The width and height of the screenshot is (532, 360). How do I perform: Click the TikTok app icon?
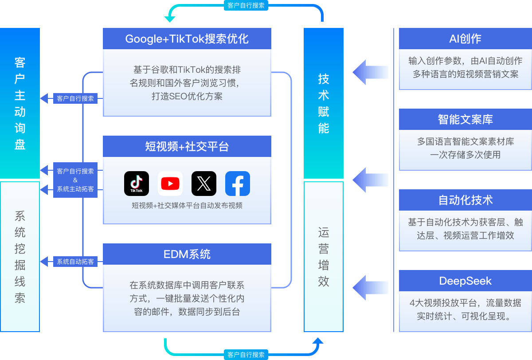[x=137, y=184]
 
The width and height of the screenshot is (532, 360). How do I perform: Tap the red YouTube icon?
[x=170, y=184]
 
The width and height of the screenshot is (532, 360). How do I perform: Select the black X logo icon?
[x=204, y=184]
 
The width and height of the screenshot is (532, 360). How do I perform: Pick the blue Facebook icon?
[x=238, y=184]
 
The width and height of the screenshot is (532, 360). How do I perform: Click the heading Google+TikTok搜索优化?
[x=187, y=39]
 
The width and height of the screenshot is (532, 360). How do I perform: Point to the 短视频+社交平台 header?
[x=187, y=146]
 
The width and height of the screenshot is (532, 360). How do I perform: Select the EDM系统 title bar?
[x=187, y=254]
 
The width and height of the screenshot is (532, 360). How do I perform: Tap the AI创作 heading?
[x=465, y=39]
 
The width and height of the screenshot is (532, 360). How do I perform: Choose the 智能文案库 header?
[x=465, y=119]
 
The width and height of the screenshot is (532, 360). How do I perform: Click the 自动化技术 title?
[x=465, y=200]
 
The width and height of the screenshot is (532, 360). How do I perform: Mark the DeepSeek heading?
[x=465, y=281]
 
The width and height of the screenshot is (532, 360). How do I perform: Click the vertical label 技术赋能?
[x=324, y=103]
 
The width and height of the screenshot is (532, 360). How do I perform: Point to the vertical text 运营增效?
[x=324, y=257]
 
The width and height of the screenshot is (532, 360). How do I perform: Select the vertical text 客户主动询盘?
[x=20, y=103]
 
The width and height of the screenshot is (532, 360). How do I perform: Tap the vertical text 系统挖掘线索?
[x=20, y=257]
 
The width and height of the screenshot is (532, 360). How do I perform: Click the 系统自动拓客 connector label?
[x=75, y=262]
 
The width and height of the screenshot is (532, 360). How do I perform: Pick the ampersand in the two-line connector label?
[x=75, y=180]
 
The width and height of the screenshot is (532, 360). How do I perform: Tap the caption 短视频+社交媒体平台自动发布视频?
[x=187, y=206]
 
